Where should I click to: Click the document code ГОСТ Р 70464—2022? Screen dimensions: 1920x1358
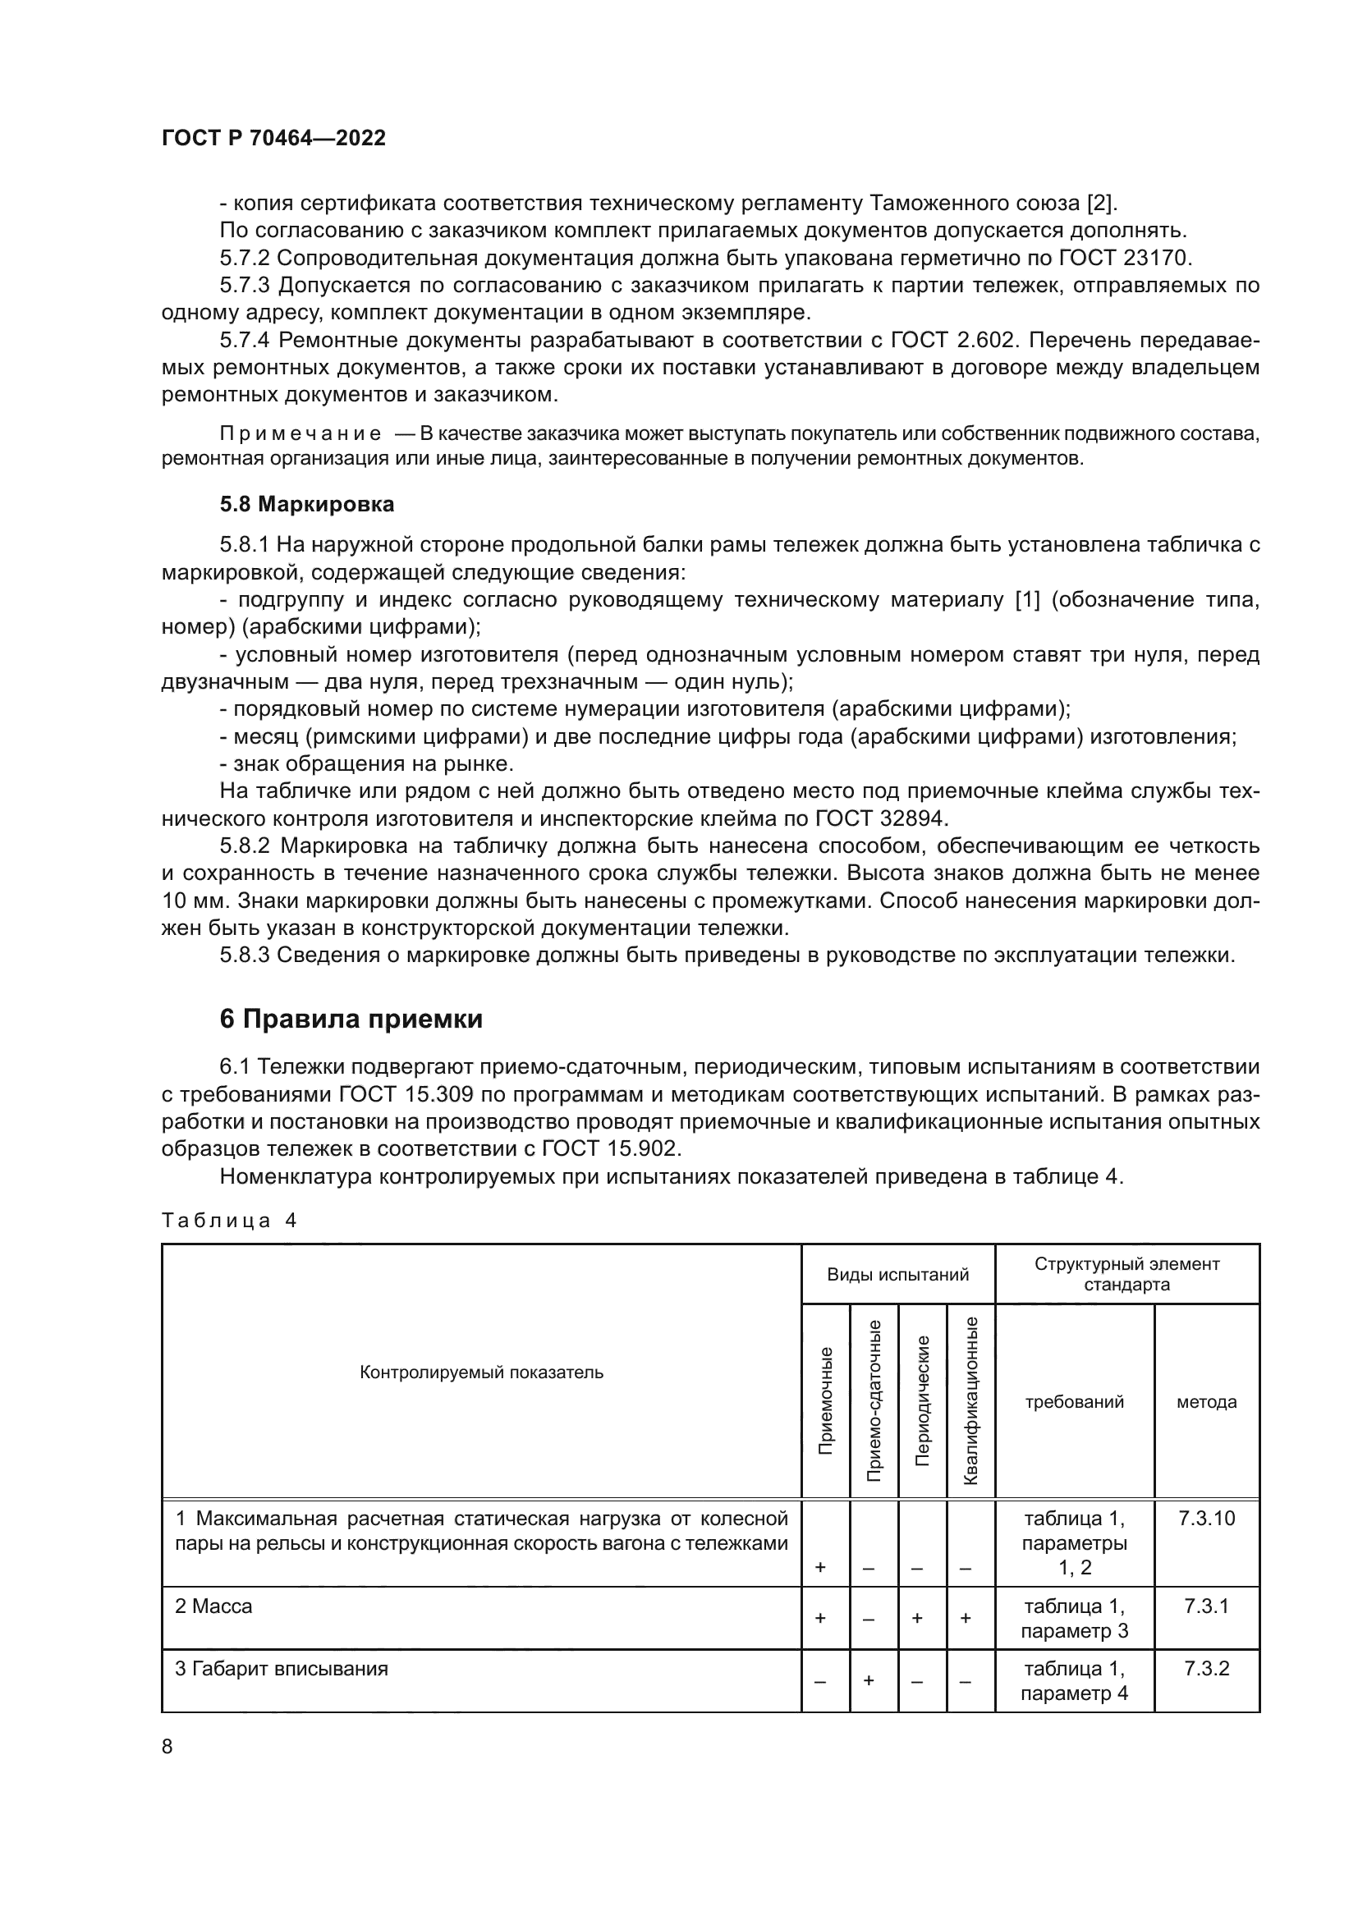click(x=273, y=138)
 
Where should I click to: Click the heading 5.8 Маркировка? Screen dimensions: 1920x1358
click(x=306, y=504)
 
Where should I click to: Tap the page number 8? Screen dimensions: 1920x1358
click(x=167, y=1747)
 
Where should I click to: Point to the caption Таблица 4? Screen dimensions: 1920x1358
click(x=228, y=1220)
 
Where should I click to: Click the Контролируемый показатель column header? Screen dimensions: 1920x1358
click(x=481, y=1372)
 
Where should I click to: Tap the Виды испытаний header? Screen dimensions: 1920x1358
click(x=897, y=1275)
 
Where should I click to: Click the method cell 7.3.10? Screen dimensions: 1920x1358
click(x=1206, y=1519)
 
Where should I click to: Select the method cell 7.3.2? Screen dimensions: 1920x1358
click(x=1206, y=1669)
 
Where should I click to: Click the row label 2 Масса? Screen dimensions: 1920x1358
click(x=213, y=1606)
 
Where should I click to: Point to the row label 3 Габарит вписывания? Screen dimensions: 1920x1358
click(x=281, y=1669)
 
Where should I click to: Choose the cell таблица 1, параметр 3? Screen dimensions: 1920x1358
click(x=1074, y=1618)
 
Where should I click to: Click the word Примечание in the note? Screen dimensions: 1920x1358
click(x=301, y=434)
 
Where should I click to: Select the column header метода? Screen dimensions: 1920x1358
click(x=1206, y=1402)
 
